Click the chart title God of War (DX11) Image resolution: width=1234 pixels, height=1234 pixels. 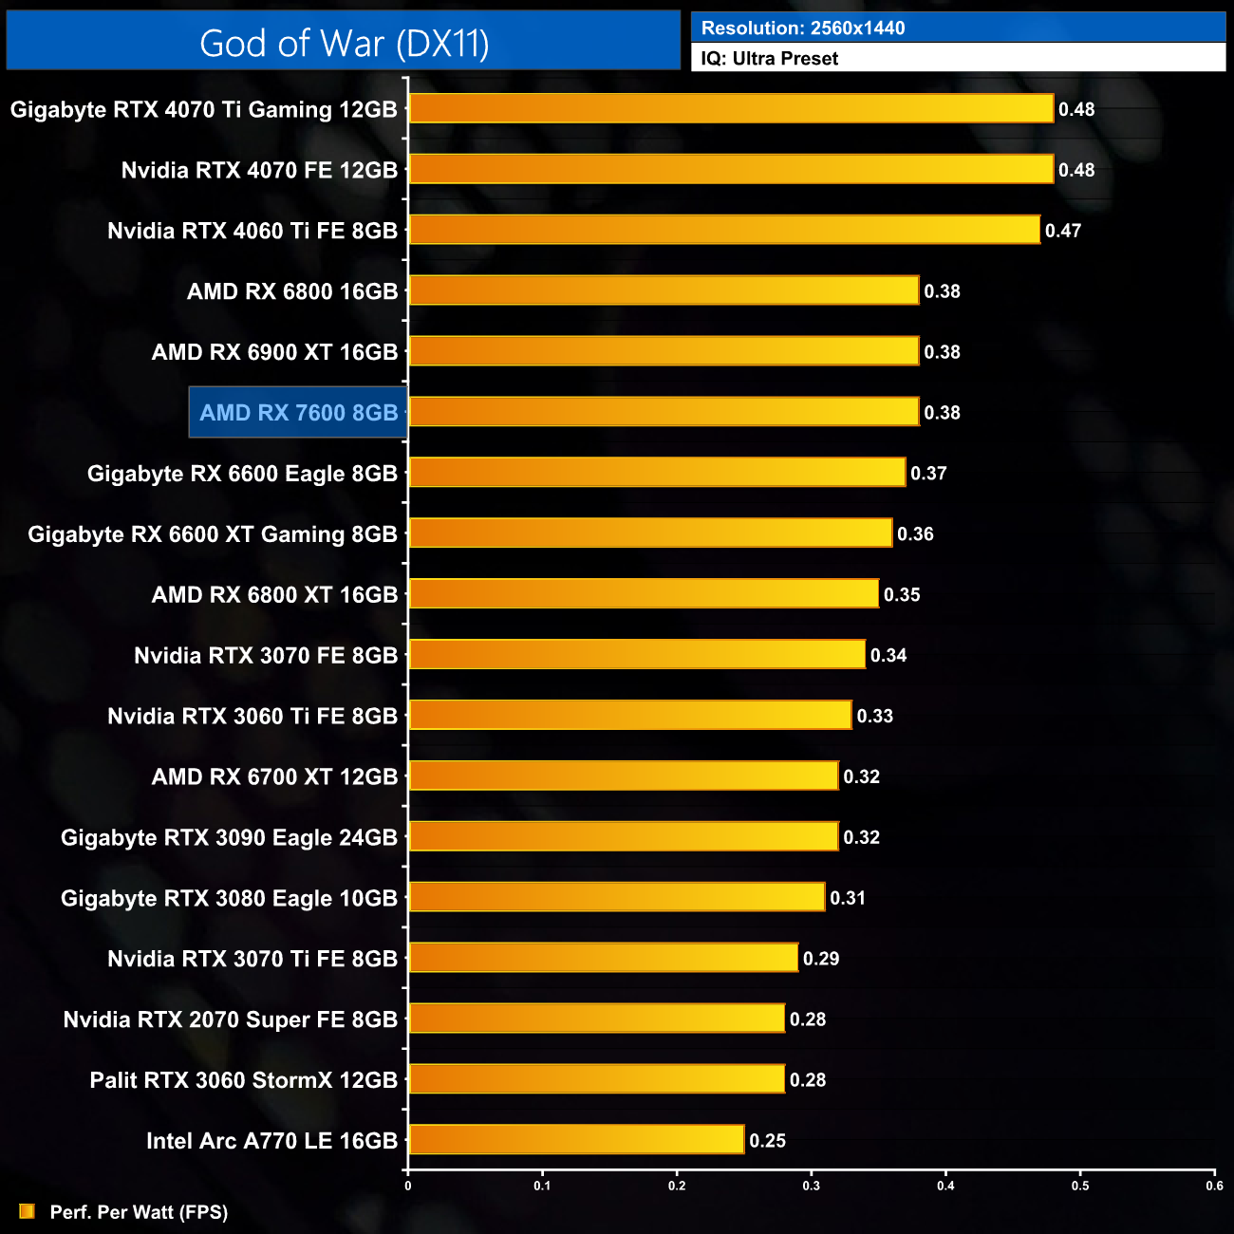[344, 44]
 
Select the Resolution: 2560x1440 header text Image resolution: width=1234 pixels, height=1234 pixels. [803, 28]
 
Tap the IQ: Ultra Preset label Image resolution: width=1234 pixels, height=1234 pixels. [769, 59]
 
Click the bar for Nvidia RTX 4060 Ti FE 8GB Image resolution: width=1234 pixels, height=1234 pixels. [724, 230]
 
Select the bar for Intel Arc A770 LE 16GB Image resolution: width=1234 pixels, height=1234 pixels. [576, 1140]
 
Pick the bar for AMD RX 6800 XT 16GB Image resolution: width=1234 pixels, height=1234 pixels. [644, 594]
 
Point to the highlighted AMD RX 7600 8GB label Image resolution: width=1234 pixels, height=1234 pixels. [298, 413]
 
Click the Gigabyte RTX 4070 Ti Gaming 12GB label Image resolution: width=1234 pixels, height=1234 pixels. [203, 109]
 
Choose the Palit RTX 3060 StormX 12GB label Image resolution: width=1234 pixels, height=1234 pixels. [243, 1080]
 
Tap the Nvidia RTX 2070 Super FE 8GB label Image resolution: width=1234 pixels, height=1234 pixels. [230, 1019]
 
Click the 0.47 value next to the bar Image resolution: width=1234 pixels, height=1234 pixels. [1063, 231]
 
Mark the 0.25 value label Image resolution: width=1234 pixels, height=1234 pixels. [767, 1141]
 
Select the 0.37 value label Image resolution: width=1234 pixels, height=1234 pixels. [928, 474]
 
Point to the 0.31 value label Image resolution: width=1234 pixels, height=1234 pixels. [848, 898]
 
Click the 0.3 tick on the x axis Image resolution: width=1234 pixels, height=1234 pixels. [812, 1186]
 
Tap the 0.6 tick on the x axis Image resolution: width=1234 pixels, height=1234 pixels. [1215, 1186]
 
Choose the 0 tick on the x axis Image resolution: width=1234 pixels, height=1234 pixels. [408, 1186]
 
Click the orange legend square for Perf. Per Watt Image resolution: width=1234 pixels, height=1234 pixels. [27, 1211]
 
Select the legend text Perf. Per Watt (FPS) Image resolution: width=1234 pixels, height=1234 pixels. [139, 1212]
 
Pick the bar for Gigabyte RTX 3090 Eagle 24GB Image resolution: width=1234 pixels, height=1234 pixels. [624, 837]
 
